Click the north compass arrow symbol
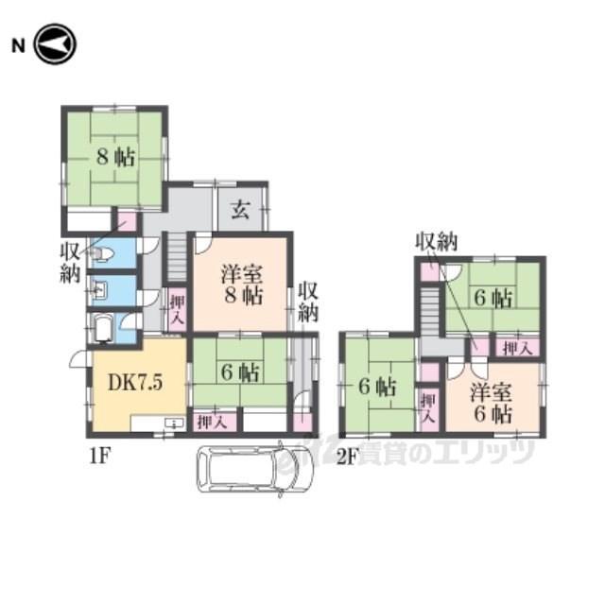pos(55,44)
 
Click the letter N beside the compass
pos(18,46)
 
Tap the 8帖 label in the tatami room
pos(115,157)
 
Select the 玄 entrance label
pos(240,210)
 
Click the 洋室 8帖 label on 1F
pos(242,285)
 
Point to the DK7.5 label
pos(135,382)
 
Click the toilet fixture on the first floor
pos(101,253)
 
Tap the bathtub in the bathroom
pos(103,328)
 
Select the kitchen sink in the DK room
pos(174,423)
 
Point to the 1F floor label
pos(100,458)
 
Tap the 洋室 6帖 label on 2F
pos(491,404)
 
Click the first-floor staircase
pos(177,256)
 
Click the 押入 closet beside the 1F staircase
pos(178,309)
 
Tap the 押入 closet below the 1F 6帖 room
pos(215,423)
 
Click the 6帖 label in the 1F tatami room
pos(239,372)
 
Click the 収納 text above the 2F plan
pos(436,242)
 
